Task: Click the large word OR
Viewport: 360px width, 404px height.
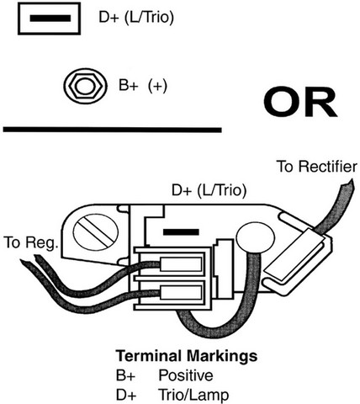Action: (300, 103)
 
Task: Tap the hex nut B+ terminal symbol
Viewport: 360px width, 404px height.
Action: (85, 86)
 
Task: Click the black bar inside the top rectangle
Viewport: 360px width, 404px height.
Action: (50, 19)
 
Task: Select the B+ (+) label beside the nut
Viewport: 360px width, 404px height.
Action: (143, 85)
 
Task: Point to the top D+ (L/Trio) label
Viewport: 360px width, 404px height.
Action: (136, 18)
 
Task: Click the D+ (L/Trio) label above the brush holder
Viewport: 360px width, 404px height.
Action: (209, 190)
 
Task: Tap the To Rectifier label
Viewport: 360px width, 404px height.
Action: (317, 167)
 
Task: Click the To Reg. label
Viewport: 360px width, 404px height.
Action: (31, 242)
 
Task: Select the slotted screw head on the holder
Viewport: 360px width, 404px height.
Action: (96, 231)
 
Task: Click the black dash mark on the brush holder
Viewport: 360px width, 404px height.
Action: (181, 232)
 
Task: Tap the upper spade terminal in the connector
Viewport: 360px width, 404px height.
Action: (181, 264)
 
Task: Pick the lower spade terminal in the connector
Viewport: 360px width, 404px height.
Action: (181, 292)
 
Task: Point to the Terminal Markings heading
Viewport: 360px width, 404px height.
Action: (187, 356)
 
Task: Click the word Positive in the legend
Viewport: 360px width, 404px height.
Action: (186, 375)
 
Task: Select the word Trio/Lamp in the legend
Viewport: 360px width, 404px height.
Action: (193, 395)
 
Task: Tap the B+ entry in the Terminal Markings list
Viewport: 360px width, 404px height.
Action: (125, 375)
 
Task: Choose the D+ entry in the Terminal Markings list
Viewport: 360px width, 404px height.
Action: (126, 396)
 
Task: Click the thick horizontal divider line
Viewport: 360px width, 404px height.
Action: (113, 130)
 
